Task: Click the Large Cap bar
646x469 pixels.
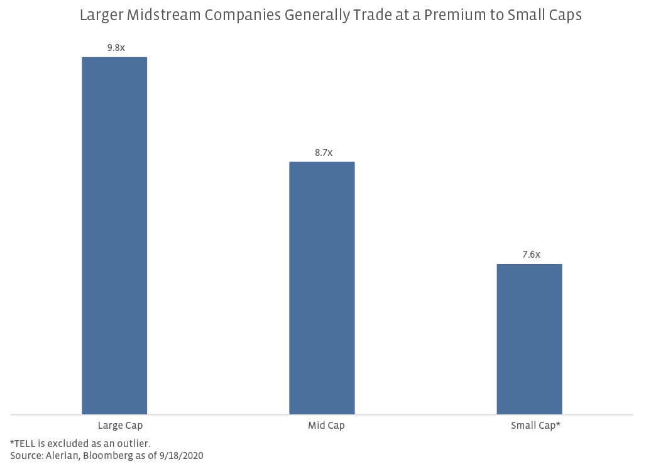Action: (x=114, y=236)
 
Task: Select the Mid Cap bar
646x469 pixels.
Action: (x=322, y=288)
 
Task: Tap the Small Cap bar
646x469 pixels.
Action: (x=529, y=339)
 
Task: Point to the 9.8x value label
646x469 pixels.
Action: (x=114, y=47)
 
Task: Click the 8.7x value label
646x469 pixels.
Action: (x=323, y=152)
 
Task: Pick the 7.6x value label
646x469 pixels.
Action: (x=530, y=254)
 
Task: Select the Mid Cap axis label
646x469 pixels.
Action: (x=326, y=426)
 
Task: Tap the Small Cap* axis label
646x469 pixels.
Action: (x=535, y=426)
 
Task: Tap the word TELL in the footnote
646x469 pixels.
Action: (x=25, y=443)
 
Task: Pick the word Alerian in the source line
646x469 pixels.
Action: (x=62, y=455)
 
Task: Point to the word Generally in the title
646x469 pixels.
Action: (x=315, y=15)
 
